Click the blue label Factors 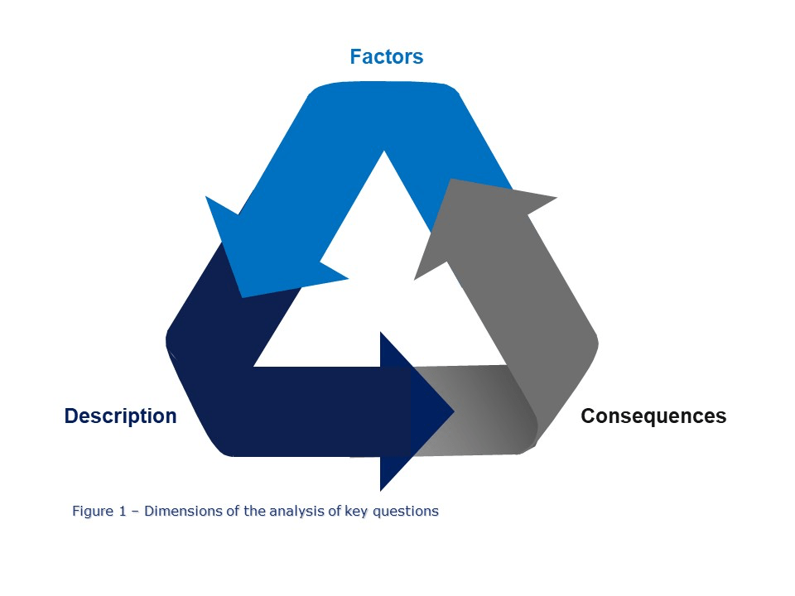pyautogui.click(x=386, y=57)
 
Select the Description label pyautogui.click(x=120, y=416)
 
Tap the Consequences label pyautogui.click(x=653, y=416)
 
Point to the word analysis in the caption pyautogui.click(x=305, y=511)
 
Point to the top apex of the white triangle pyautogui.click(x=383, y=157)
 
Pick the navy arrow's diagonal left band pyautogui.click(x=207, y=331)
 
